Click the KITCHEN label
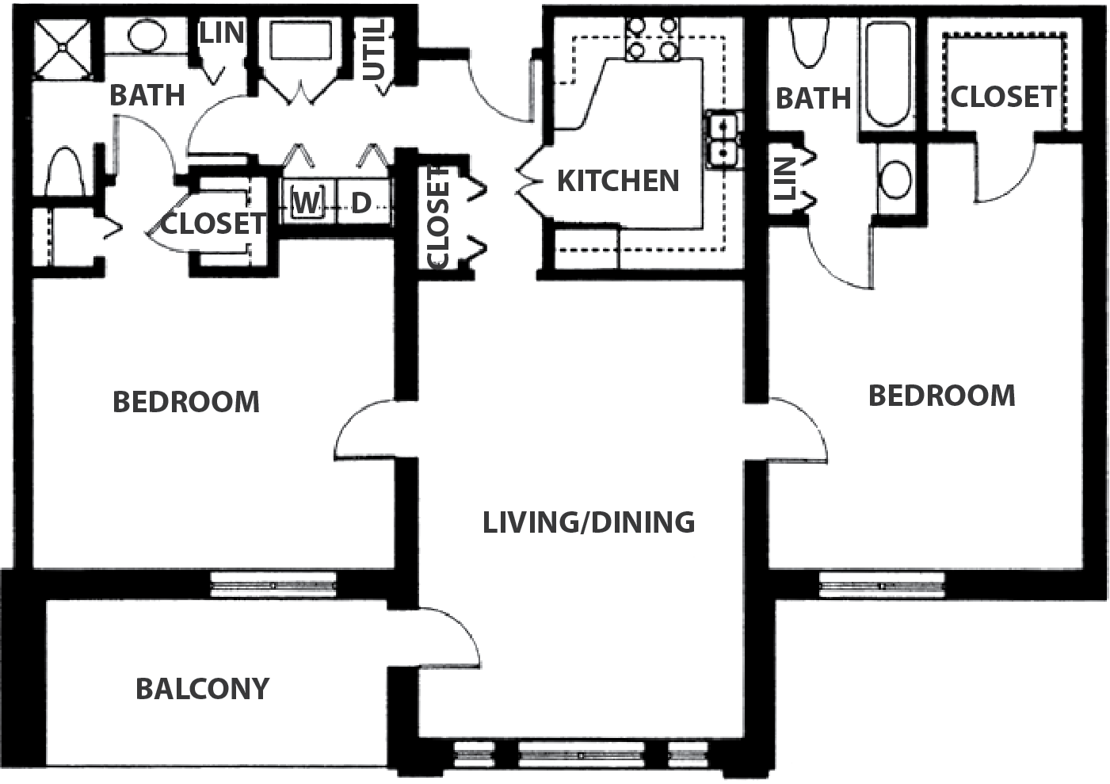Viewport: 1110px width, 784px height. coord(618,181)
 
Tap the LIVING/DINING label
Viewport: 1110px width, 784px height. coord(589,522)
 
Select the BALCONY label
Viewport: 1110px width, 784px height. coord(202,690)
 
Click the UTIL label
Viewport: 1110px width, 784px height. coord(375,50)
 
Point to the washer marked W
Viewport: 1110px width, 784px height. coord(307,202)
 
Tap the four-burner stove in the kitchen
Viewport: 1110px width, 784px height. coord(651,39)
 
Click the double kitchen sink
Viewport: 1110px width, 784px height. coord(723,140)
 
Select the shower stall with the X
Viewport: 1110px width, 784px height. coord(63,48)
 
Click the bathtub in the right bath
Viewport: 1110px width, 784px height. coord(888,74)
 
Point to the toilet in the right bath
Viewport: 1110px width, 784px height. coord(809,42)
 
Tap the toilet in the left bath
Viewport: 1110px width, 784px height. coord(64,171)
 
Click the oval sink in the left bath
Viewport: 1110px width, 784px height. coord(147,35)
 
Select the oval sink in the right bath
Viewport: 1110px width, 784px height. coord(895,179)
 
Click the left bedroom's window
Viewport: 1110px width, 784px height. coord(273,585)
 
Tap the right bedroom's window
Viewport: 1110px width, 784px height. coord(882,586)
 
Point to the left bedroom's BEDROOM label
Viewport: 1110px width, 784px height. coord(186,402)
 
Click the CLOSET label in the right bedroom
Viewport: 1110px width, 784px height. coord(1004,97)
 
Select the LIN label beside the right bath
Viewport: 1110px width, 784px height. coord(784,179)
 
